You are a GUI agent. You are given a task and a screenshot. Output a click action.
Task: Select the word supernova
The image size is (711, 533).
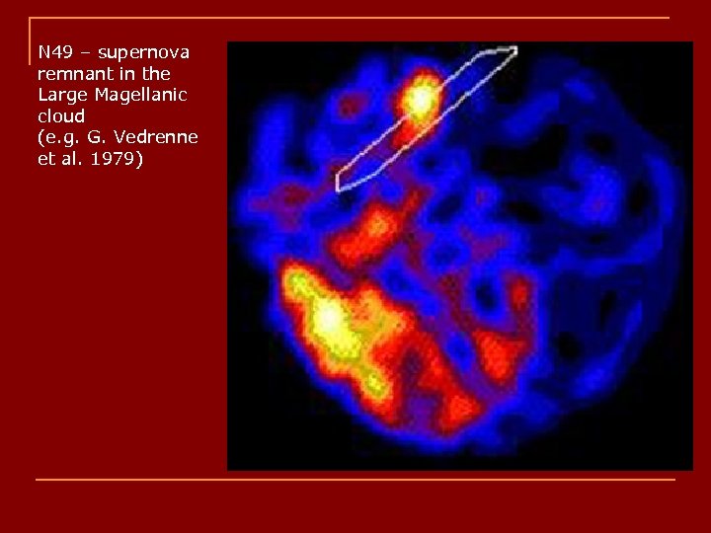coord(143,51)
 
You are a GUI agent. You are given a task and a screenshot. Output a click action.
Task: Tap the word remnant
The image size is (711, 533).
coord(72,73)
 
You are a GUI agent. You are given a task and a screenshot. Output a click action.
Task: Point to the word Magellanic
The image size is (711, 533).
coord(139,95)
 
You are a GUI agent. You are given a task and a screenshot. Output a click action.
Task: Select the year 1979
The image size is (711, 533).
coord(117,158)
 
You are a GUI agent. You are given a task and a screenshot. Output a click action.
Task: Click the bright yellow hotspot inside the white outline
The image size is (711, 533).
coord(422,100)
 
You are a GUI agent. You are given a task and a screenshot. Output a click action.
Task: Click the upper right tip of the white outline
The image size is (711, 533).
coord(513,50)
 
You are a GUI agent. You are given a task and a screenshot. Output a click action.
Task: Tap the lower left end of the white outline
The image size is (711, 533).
coord(340,184)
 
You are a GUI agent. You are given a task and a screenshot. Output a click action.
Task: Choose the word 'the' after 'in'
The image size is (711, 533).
coord(155,73)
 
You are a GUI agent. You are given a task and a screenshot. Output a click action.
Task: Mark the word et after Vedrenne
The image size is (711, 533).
coord(45,158)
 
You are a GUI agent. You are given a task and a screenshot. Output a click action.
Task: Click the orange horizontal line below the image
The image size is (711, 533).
coord(355,480)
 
